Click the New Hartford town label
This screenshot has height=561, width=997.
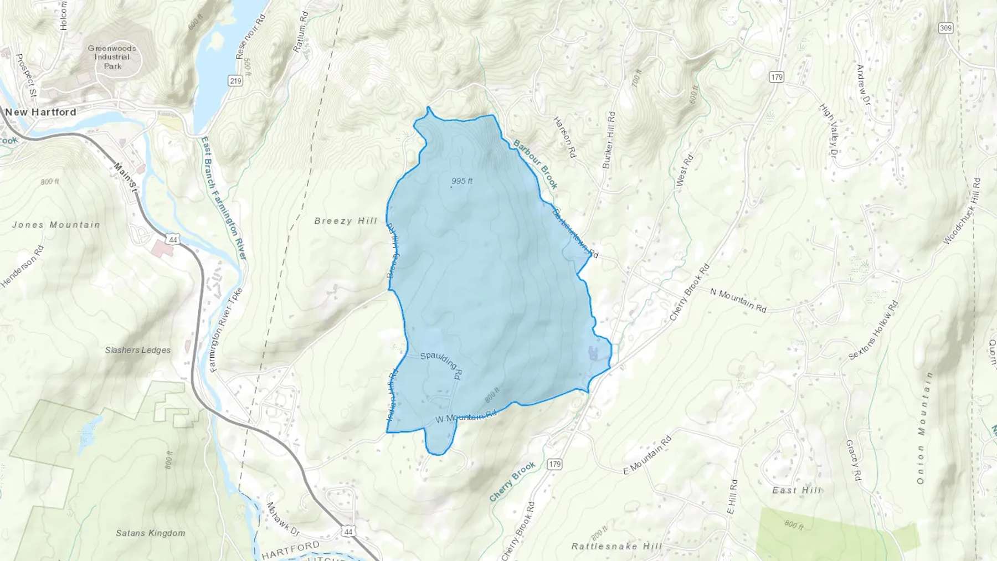tap(41, 112)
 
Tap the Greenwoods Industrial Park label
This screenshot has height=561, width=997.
tap(112, 57)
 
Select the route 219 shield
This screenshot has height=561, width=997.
tap(235, 81)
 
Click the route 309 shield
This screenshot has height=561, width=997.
tap(945, 28)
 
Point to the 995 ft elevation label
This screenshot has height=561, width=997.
tap(462, 181)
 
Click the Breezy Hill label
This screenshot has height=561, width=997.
tap(346, 221)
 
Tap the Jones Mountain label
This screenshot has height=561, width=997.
tap(56, 225)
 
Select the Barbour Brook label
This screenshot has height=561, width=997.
tap(536, 164)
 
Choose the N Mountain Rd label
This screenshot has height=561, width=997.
tap(738, 300)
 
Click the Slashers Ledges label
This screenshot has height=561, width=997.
tap(138, 350)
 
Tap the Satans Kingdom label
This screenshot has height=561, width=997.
tap(151, 533)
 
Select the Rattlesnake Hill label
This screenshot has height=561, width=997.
tap(616, 546)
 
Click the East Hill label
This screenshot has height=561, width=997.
tap(796, 490)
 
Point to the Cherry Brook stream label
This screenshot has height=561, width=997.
tap(512, 481)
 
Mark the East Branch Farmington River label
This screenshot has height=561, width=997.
tap(224, 198)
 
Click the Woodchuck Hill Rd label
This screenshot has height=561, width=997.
tap(962, 211)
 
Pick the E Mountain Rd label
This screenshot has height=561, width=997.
tap(647, 455)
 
